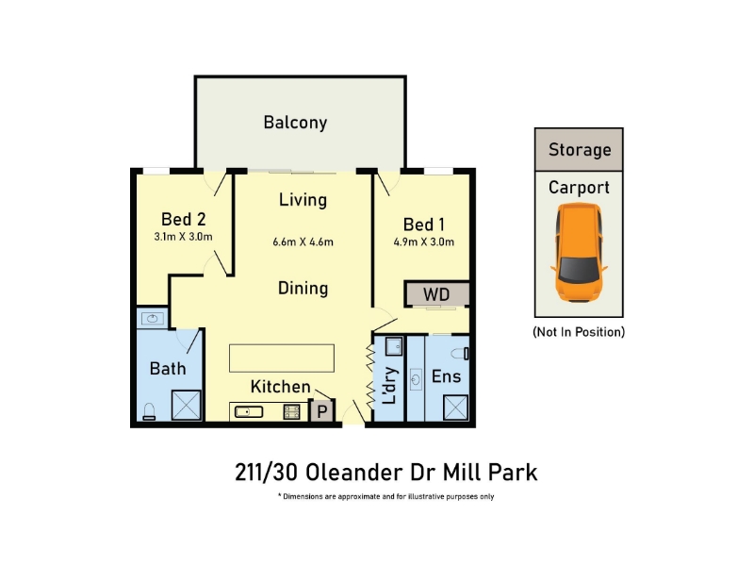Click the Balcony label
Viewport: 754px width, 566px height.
point(295,123)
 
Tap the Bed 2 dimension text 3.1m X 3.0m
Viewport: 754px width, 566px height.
point(183,237)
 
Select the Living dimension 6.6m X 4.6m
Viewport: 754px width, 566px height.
point(303,242)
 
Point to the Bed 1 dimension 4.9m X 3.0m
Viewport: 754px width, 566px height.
point(423,242)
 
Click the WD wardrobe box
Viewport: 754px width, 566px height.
point(436,294)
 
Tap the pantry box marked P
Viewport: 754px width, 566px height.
point(321,411)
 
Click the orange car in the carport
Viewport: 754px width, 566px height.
point(579,252)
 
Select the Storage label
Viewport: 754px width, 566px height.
point(580,150)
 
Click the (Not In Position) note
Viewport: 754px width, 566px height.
point(579,332)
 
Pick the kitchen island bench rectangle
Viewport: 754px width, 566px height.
point(282,358)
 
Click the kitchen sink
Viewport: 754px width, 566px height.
point(249,412)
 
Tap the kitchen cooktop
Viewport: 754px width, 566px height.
point(292,412)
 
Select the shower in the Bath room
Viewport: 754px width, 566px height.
point(186,405)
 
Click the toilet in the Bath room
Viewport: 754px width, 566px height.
point(149,411)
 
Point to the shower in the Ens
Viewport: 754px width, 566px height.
point(455,408)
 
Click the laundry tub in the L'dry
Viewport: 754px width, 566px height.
point(394,346)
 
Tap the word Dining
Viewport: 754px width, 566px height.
point(303,289)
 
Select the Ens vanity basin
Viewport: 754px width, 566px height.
point(416,380)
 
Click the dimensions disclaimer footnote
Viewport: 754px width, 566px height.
point(386,497)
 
